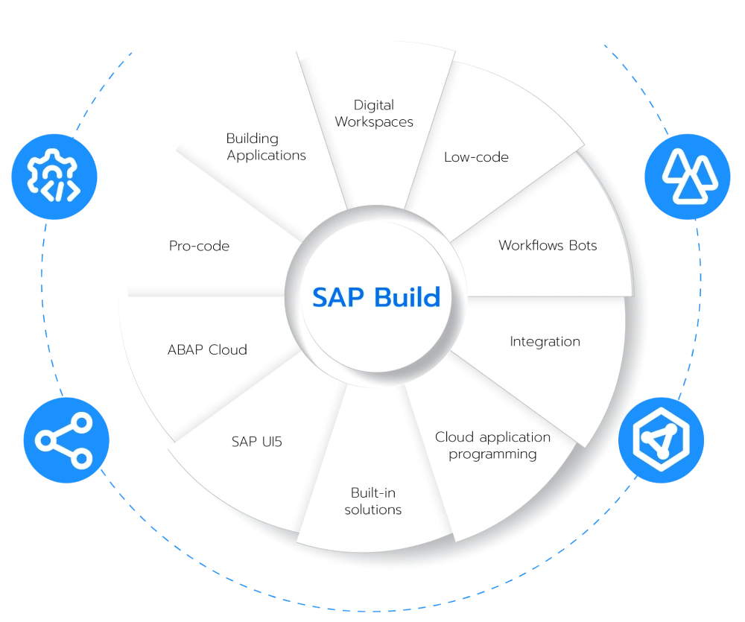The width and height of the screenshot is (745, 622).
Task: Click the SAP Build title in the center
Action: (x=376, y=297)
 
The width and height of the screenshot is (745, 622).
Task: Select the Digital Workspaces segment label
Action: (x=374, y=113)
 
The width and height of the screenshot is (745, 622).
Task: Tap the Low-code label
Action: (x=476, y=157)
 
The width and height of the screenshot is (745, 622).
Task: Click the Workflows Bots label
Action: (x=548, y=245)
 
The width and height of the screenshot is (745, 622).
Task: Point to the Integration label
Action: (x=545, y=342)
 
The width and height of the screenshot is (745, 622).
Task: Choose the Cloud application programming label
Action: (x=492, y=445)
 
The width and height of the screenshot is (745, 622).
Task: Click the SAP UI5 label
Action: (x=256, y=442)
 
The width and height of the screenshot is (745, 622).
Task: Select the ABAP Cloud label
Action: (x=207, y=349)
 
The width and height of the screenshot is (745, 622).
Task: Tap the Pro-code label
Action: (x=199, y=246)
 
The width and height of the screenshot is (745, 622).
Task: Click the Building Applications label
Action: (x=266, y=147)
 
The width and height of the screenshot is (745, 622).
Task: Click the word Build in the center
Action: (x=408, y=297)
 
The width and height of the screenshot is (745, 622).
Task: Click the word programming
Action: (x=492, y=454)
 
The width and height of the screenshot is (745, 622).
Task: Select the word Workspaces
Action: (x=374, y=122)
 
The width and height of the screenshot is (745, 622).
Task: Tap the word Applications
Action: (x=266, y=156)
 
